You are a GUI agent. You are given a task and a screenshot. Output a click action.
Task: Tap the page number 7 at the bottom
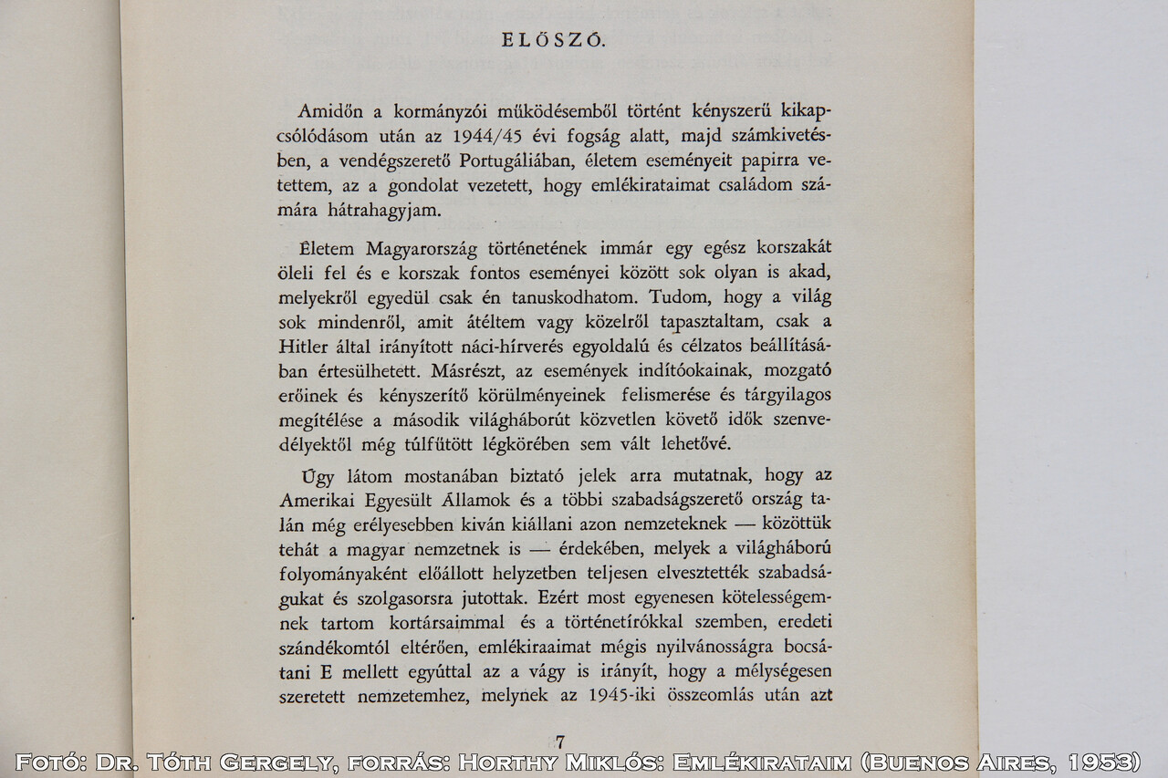[x=559, y=742]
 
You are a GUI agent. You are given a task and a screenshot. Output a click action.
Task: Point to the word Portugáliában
[x=519, y=161]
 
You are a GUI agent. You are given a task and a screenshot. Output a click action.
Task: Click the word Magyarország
[x=421, y=249]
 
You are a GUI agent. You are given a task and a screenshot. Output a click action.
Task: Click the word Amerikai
[x=315, y=500]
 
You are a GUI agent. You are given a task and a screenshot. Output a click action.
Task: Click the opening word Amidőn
[x=330, y=111]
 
